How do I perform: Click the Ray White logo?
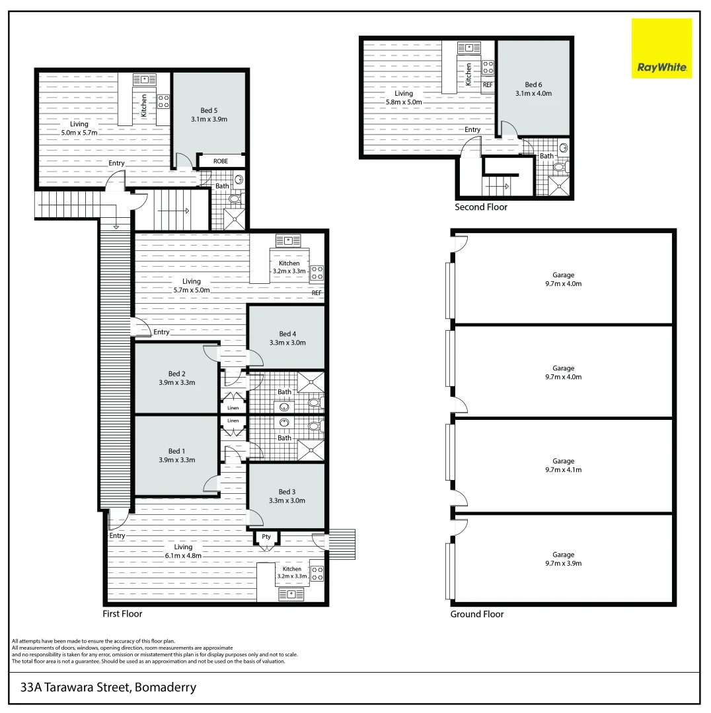(x=661, y=48)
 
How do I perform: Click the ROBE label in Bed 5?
(x=221, y=161)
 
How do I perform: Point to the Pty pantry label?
(x=266, y=537)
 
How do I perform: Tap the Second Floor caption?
(x=481, y=207)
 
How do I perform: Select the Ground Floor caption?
(x=476, y=614)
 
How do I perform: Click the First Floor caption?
(x=122, y=613)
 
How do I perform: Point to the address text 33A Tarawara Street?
(x=108, y=687)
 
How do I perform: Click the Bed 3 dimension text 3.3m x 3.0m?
(x=286, y=500)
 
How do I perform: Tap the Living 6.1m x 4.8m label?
(x=183, y=551)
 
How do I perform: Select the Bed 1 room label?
(x=176, y=452)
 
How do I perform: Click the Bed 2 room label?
(x=176, y=374)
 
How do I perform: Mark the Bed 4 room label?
(x=287, y=334)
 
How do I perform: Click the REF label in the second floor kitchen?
(x=488, y=85)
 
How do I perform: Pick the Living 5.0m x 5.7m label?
(x=79, y=128)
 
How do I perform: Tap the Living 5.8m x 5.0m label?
(x=404, y=98)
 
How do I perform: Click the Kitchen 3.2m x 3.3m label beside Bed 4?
(x=289, y=267)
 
